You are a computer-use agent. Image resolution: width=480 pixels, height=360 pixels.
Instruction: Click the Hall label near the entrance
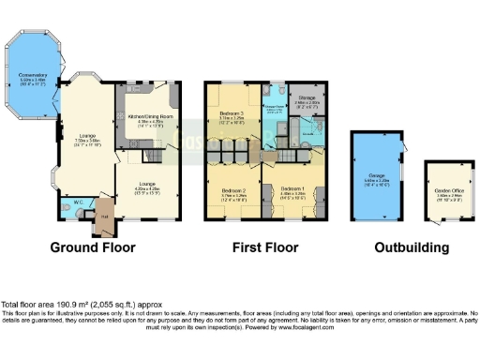[105, 217]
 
